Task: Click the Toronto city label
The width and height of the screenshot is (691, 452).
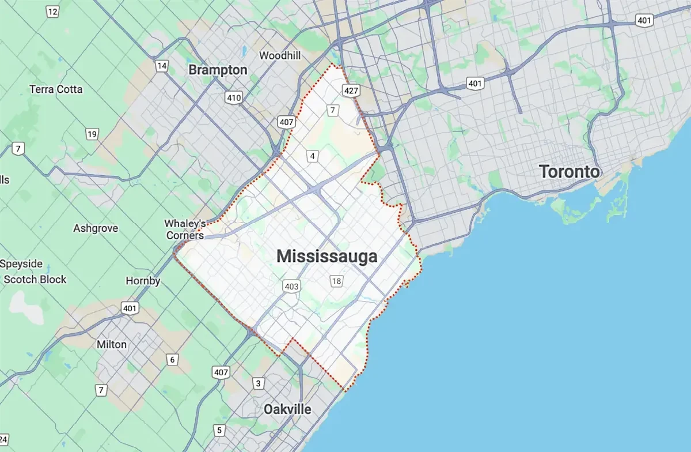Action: point(569,171)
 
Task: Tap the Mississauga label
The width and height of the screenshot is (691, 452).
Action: point(327,257)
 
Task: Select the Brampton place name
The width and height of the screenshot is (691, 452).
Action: point(218,70)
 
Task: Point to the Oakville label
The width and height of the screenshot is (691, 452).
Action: point(287,409)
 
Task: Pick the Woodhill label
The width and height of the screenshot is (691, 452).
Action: point(280,55)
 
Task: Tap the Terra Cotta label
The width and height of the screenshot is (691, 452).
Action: point(56,89)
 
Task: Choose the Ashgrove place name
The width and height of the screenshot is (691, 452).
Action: point(96,228)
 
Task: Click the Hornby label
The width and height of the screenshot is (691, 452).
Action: point(143,281)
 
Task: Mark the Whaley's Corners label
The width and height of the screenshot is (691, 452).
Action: point(184,229)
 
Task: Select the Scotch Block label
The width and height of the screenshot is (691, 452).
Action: point(35,280)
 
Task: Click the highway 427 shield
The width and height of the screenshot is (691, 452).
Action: point(352,91)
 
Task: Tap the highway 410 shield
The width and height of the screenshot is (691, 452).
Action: point(234,98)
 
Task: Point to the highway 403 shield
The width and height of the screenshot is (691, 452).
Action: point(291,286)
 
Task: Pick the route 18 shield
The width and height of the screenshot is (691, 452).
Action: point(337,281)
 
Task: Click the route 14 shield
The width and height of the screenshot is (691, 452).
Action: point(162,66)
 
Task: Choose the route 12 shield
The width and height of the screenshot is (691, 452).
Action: point(52,11)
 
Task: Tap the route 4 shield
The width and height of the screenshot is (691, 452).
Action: point(312,156)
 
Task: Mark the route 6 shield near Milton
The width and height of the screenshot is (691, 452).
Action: point(172,360)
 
